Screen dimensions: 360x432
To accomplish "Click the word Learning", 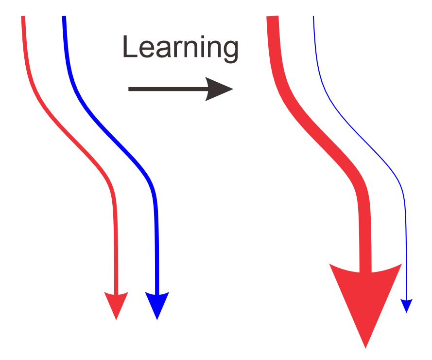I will click(180, 48).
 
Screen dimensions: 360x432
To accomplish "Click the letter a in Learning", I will click(163, 50).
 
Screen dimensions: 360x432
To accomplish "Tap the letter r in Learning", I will click(175, 50).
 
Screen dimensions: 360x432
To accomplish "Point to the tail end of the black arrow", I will click(130, 89).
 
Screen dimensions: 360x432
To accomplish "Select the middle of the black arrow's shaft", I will click(168, 89).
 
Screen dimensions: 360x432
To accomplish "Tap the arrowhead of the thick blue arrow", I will click(157, 304).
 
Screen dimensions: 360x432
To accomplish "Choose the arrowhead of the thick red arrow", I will click(365, 297).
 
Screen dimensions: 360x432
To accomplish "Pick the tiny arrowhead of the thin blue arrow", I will click(406, 305).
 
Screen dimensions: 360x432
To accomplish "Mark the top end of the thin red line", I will click(23, 18).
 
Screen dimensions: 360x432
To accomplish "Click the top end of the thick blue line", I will click(64, 18).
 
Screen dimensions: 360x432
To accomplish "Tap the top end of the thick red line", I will click(273, 18).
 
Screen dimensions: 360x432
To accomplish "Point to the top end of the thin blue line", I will click(313, 17).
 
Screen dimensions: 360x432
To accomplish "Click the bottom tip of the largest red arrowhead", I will click(365, 347).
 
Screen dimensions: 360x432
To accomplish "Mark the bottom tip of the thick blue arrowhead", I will click(157, 319).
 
